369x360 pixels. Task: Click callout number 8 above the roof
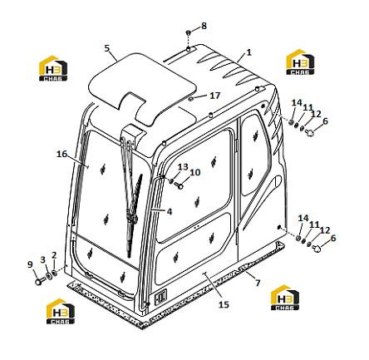204,26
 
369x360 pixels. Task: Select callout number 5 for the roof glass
107,48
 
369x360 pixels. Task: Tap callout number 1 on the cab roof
248,52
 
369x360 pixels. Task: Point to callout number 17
214,96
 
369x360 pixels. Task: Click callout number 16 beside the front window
61,154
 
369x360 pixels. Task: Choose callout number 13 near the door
183,167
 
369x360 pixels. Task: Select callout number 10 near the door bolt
194,172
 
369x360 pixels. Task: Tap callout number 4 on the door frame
170,212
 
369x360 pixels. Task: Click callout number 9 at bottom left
30,264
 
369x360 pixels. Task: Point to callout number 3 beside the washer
42,259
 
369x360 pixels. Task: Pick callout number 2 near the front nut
54,255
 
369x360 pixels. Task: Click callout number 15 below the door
224,304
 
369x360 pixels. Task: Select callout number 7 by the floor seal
258,283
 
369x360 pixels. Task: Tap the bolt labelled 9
40,281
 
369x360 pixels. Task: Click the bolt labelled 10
180,185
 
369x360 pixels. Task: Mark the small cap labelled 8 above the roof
189,32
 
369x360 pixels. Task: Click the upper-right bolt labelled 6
310,132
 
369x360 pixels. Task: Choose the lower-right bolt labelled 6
317,248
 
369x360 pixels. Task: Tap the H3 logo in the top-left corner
53,68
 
